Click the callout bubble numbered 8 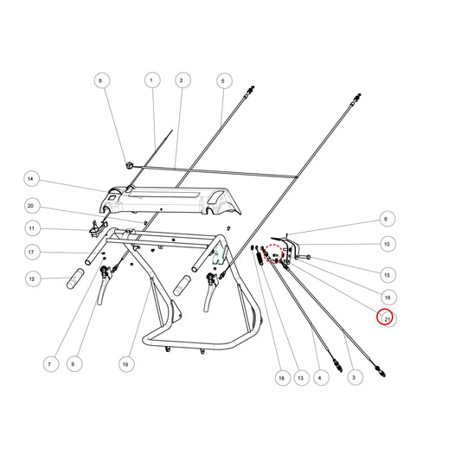coord(102,80)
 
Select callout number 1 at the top coord(152,80)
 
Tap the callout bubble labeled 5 coord(224,80)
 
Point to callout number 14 coord(31,179)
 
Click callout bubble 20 coord(32,206)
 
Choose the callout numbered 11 coord(33,228)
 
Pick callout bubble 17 coord(32,253)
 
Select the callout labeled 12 coord(33,279)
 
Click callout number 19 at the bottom coord(127,364)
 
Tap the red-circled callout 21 coord(385,317)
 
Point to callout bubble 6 coord(387,219)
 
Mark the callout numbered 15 coord(388,275)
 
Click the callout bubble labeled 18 coord(283,378)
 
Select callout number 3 coord(355,377)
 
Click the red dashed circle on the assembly coord(272,253)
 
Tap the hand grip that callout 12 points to coord(75,279)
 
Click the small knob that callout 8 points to coord(129,165)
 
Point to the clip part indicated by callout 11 coord(96,228)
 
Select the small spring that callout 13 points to coord(259,259)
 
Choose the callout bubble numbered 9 coord(74,364)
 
